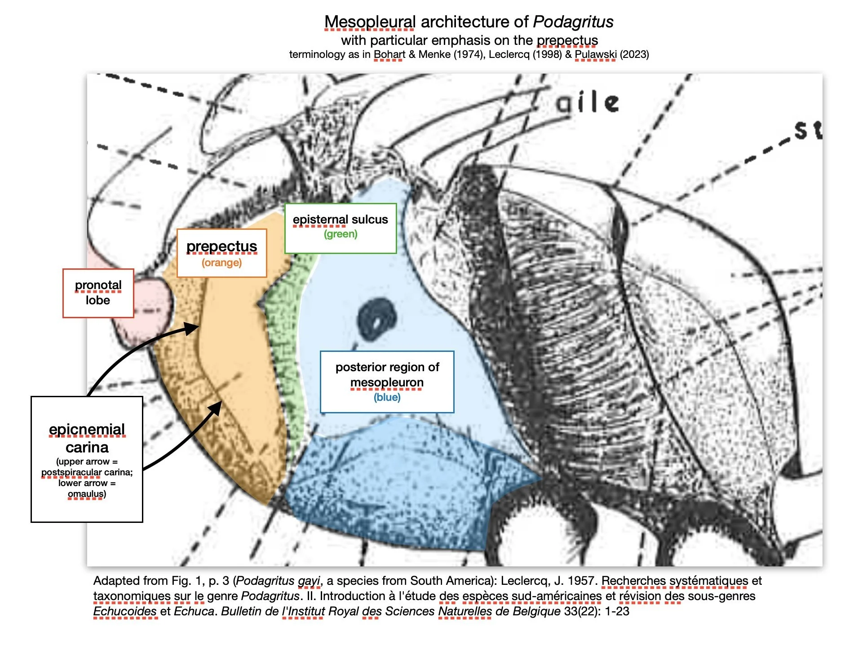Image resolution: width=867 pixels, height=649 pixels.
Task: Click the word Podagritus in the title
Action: click(x=573, y=22)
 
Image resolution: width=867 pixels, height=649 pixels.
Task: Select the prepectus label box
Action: click(x=221, y=253)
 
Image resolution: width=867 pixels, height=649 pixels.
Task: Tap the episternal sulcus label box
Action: click(x=340, y=228)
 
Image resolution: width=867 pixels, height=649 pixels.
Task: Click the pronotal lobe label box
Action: click(x=98, y=293)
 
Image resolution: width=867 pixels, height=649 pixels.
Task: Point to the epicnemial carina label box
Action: click(x=87, y=459)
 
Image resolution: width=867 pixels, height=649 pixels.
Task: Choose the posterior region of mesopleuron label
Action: click(x=387, y=382)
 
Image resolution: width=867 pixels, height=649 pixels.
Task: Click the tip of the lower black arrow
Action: click(x=220, y=403)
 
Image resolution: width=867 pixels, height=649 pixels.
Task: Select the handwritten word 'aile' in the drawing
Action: click(x=587, y=103)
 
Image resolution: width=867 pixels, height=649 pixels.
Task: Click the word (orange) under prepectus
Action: click(x=221, y=263)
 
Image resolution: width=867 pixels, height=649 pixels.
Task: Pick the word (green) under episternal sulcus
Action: click(x=341, y=234)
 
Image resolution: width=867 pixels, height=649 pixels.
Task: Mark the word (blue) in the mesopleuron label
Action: click(x=387, y=397)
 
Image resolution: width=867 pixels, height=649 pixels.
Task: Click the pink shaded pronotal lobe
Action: click(x=150, y=310)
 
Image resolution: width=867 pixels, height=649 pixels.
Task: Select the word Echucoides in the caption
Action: click(x=125, y=611)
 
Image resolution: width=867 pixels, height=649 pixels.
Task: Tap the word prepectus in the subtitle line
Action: click(x=567, y=40)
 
